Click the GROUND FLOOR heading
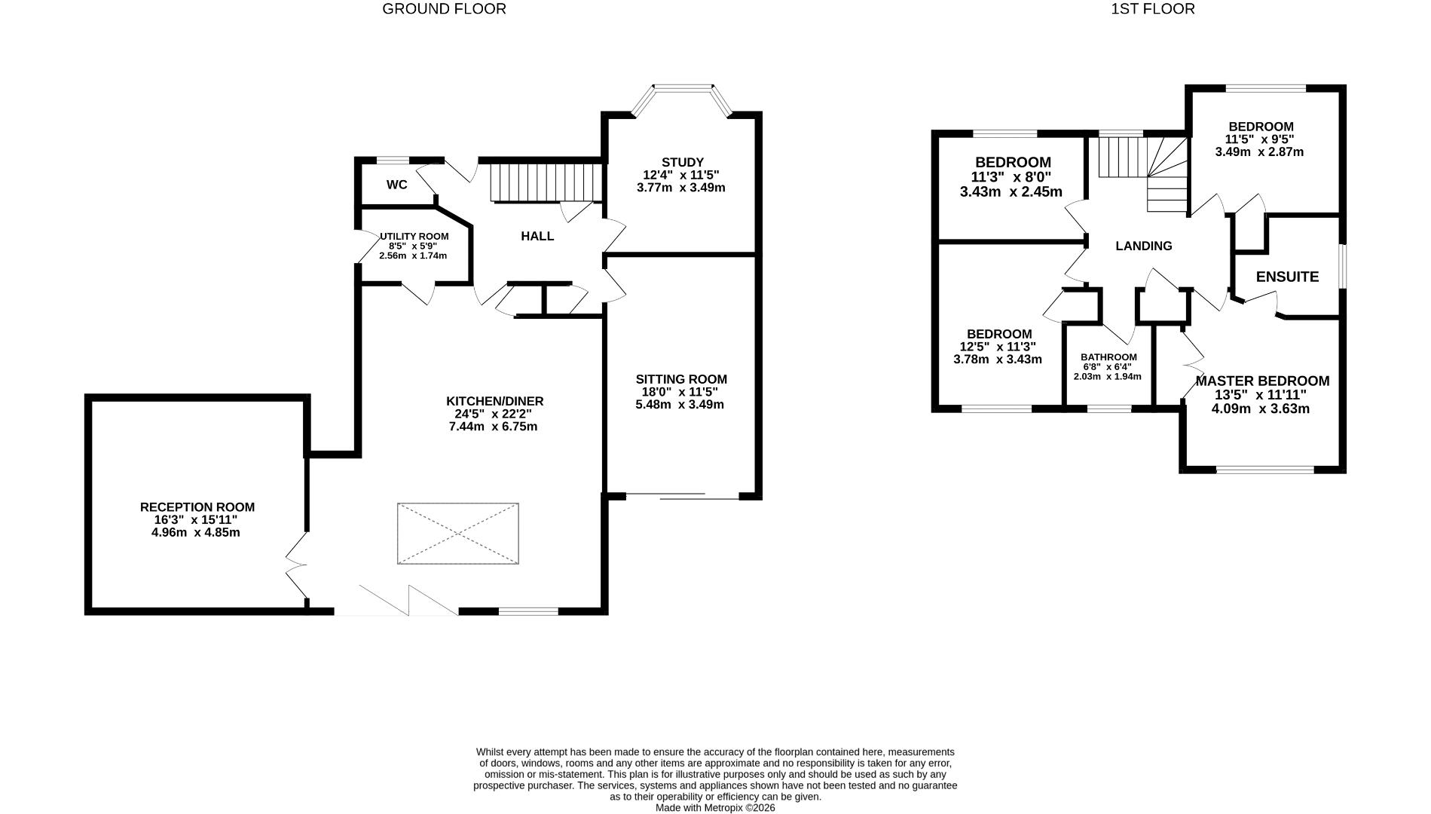pos(444,9)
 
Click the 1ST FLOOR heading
pos(1152,9)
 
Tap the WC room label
pos(396,185)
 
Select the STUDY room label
pos(682,162)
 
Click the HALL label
pos(537,236)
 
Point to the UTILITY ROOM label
pos(414,236)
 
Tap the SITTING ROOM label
pos(680,379)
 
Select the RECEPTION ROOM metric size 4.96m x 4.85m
pos(196,532)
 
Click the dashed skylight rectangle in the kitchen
pos(457,534)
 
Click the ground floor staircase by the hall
pos(546,182)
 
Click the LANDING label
pos(1143,246)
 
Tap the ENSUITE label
pos(1287,277)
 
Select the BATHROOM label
pos(1108,357)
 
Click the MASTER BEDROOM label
pos(1261,381)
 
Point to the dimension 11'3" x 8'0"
pos(1011,177)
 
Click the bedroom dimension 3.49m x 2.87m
pos(1258,151)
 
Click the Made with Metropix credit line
pos(714,807)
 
